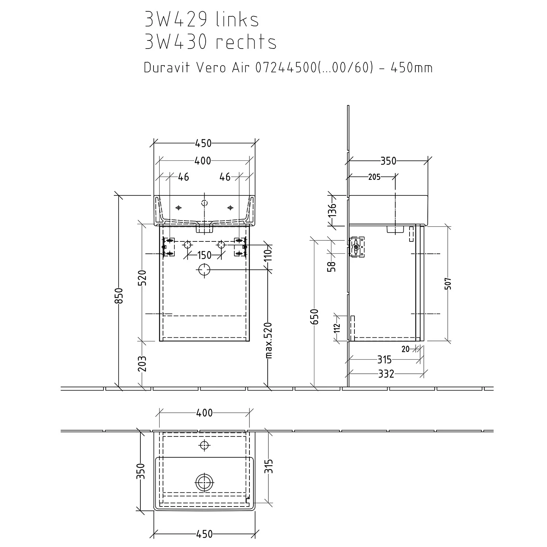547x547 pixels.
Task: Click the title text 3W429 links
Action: (202, 20)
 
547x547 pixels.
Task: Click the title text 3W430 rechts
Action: (210, 42)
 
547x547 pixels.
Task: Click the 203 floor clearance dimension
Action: (142, 364)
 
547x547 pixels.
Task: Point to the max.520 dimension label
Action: (268, 340)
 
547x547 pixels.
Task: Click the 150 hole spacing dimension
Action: (204, 255)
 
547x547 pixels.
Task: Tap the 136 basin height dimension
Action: (332, 210)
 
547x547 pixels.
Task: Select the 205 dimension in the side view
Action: (374, 177)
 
